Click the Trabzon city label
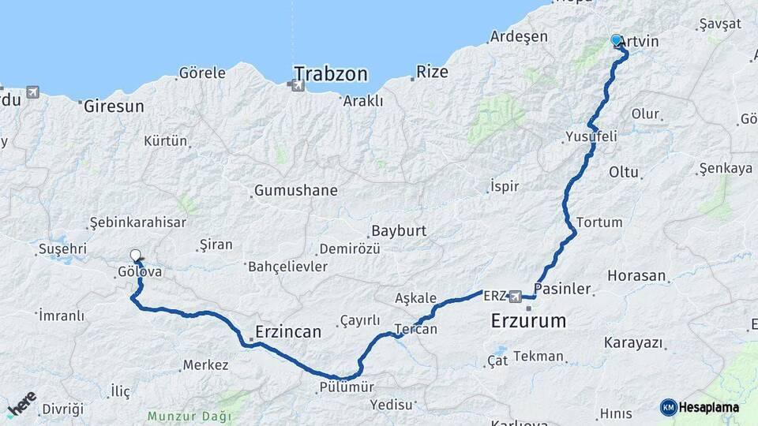(331, 74)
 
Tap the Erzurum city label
(529, 321)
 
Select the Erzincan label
(288, 332)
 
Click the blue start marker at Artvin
(616, 39)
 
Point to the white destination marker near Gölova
(136, 256)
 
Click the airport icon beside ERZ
(516, 297)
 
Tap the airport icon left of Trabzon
(298, 84)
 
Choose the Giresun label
(114, 106)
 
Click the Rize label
(432, 73)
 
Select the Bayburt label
(398, 231)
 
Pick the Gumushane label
(295, 191)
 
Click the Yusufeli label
(591, 137)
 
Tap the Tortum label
(599, 222)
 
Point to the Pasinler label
(563, 289)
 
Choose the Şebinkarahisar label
(137, 223)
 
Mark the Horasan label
(637, 277)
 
